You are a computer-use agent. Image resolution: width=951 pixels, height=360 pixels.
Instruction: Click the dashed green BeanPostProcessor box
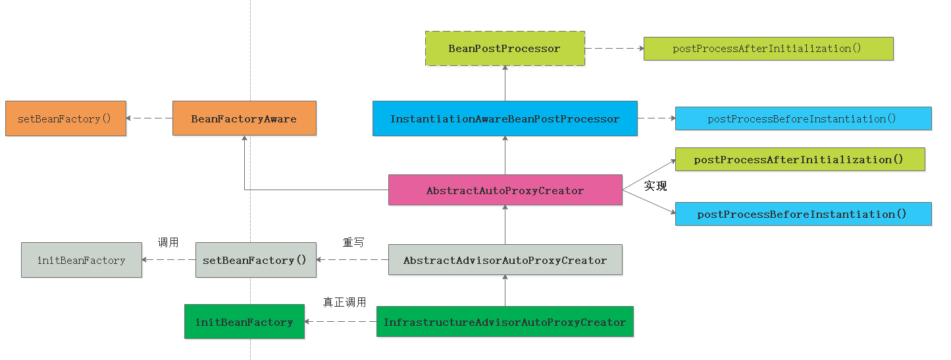(505, 49)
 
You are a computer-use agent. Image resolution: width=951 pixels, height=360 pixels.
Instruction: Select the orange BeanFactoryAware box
(244, 118)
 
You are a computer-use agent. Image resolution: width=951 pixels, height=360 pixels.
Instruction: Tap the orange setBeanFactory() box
(66, 118)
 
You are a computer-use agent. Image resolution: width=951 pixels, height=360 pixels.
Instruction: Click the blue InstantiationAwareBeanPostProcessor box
(505, 118)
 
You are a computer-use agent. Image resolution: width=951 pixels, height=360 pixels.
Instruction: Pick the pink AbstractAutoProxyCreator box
(505, 190)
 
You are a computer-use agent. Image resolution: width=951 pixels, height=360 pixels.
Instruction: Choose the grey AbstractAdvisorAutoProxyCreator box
(505, 260)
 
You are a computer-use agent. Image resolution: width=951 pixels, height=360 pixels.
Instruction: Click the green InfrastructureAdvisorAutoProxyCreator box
(505, 322)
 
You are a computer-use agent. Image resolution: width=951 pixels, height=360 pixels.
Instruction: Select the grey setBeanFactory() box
(255, 260)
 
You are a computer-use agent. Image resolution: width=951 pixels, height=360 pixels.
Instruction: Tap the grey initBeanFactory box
(82, 260)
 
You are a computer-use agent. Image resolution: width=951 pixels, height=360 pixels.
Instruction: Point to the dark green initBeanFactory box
(244, 322)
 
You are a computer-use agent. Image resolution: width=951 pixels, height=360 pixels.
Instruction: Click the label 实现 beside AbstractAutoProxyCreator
(655, 186)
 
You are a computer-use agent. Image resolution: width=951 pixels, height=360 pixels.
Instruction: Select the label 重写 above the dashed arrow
(353, 242)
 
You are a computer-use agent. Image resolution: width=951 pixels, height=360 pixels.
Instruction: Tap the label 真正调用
(344, 303)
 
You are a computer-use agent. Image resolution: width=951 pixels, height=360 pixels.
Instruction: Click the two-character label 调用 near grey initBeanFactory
(168, 242)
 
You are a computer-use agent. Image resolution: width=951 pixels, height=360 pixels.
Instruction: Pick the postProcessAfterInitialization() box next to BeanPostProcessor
(768, 49)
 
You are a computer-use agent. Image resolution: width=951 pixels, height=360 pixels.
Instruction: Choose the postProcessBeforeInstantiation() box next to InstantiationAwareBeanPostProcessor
(803, 118)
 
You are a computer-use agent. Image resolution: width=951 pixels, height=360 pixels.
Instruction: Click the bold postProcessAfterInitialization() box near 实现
(800, 159)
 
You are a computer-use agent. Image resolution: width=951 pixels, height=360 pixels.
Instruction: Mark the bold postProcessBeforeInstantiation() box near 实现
(803, 214)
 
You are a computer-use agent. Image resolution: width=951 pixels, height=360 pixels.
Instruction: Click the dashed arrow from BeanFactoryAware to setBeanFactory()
(149, 118)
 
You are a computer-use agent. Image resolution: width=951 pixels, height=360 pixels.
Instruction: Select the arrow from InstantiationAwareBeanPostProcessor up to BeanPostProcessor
(505, 84)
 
